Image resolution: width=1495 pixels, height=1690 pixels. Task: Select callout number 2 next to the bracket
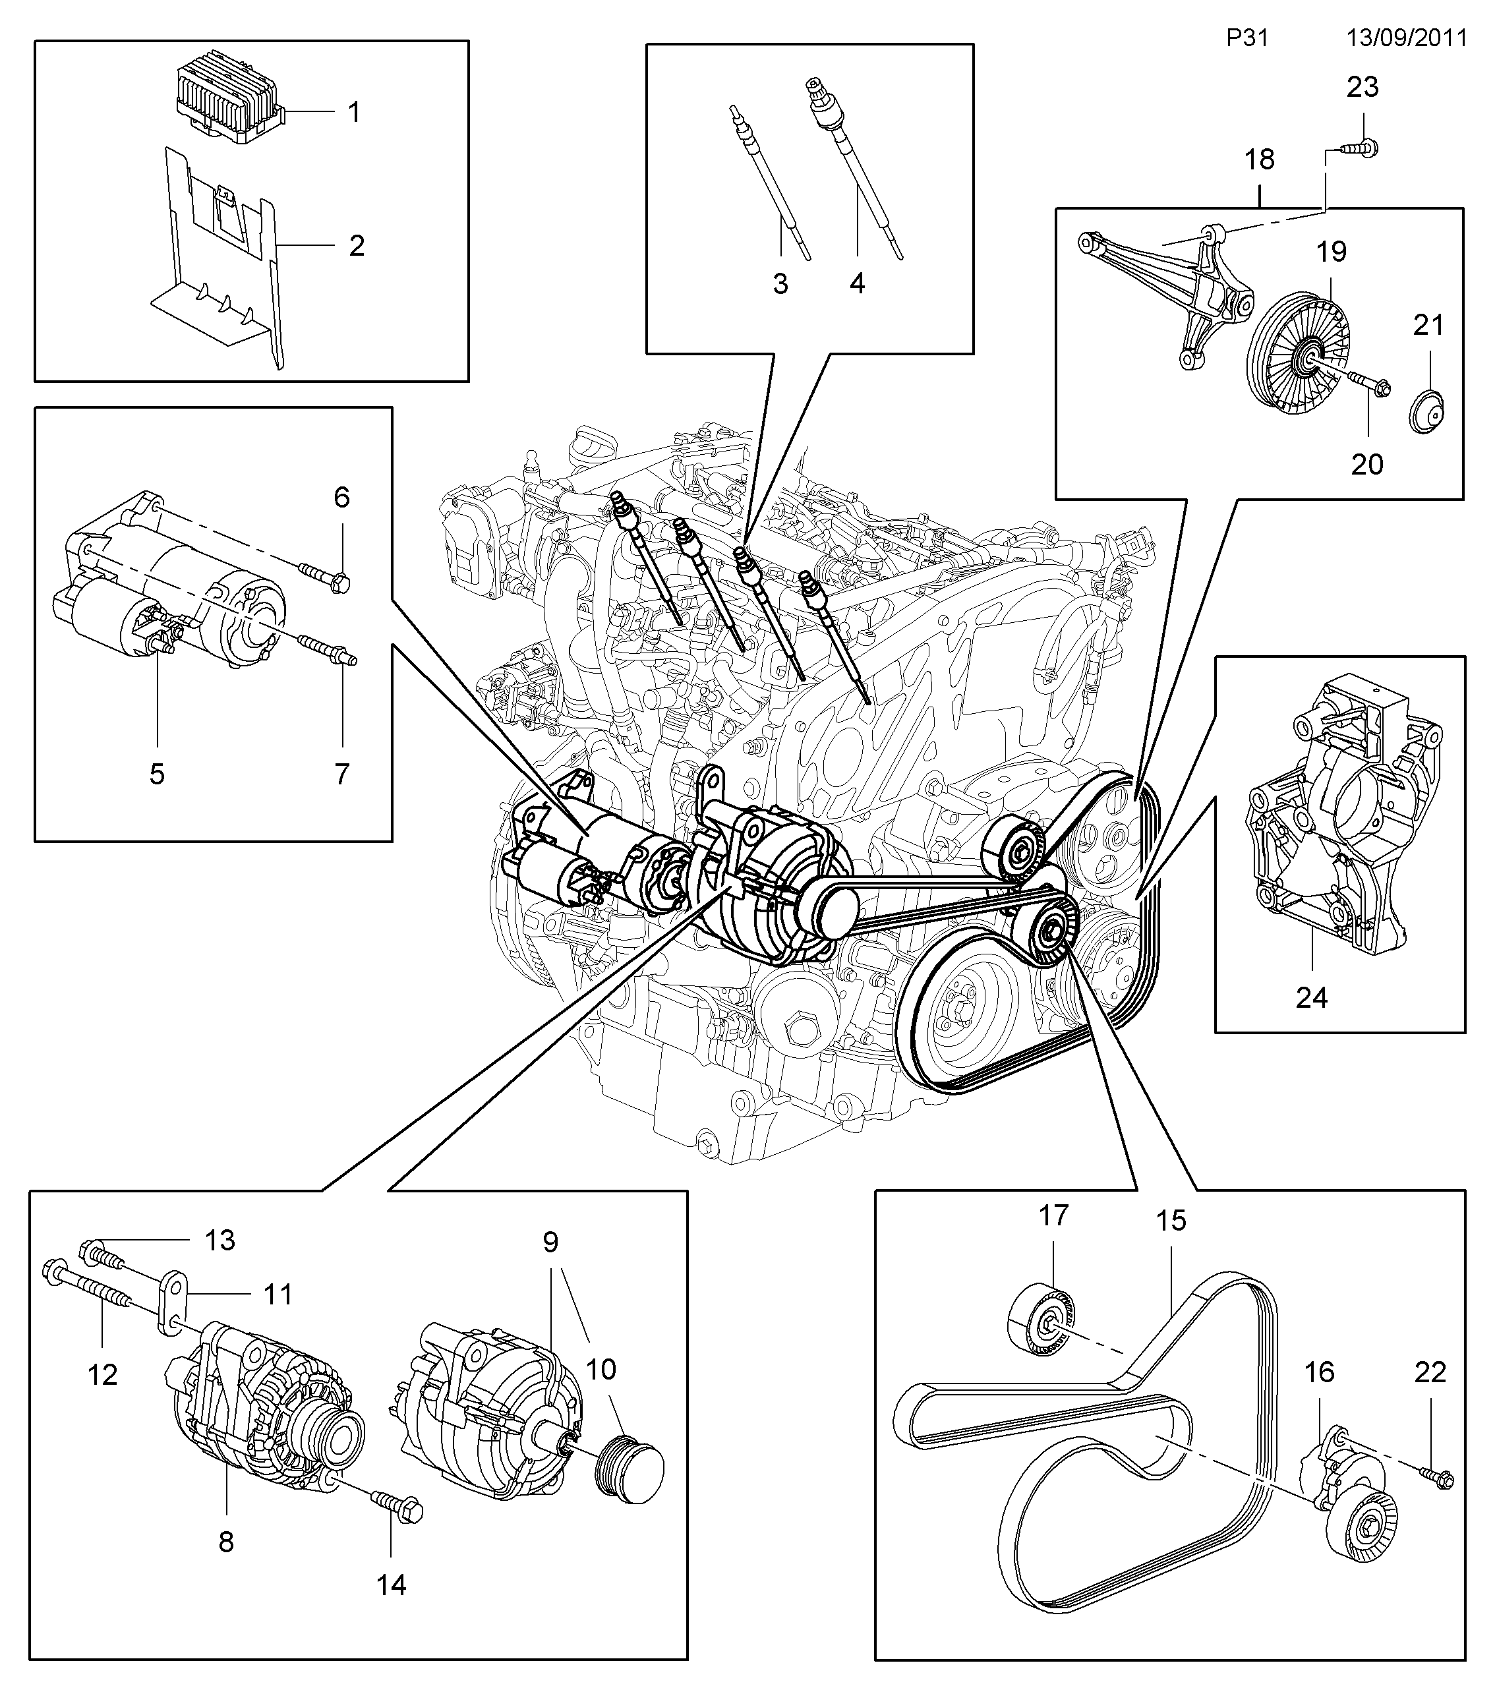tap(357, 246)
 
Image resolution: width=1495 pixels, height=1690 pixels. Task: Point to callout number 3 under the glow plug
tap(780, 283)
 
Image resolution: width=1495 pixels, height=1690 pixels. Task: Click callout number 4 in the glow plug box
tap(858, 283)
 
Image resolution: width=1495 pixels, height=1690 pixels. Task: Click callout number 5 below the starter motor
tap(157, 774)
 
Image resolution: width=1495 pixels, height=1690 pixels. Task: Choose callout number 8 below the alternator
tap(225, 1542)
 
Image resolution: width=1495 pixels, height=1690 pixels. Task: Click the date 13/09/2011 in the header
tap(1407, 39)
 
